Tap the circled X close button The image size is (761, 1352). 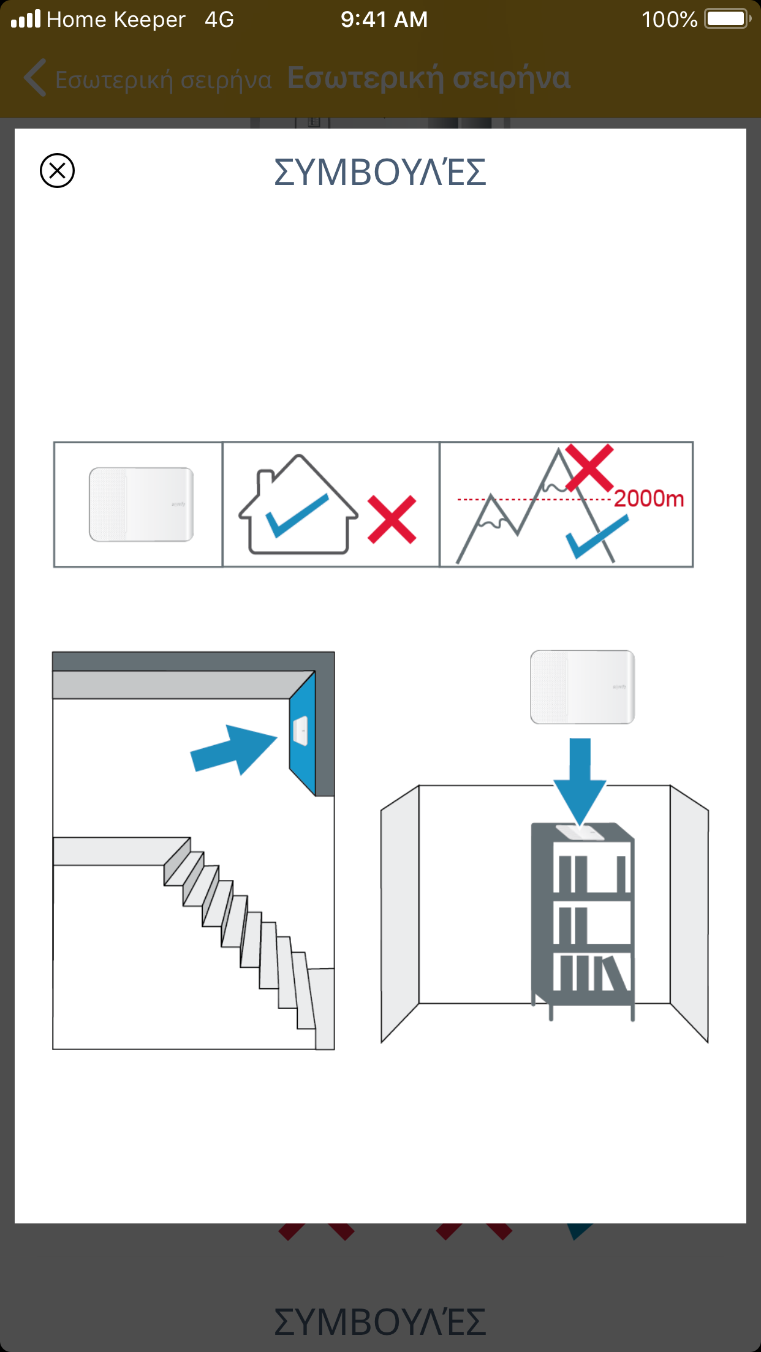click(57, 170)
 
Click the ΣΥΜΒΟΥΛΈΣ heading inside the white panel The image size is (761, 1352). click(380, 171)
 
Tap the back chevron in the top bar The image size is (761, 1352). click(35, 78)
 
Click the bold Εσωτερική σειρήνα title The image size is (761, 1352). click(429, 78)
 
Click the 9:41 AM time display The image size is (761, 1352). click(384, 20)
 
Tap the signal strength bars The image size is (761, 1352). click(26, 18)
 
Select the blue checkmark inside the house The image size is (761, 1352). click(297, 516)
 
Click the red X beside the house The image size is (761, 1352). click(392, 519)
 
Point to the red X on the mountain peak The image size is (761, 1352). click(589, 468)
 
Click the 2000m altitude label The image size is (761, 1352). click(649, 498)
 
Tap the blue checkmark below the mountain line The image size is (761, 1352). click(597, 536)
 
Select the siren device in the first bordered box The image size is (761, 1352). click(142, 505)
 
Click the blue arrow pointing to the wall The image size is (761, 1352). click(234, 749)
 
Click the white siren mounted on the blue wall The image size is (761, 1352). click(300, 730)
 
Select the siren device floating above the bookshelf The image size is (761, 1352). click(583, 687)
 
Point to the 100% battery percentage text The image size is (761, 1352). click(669, 20)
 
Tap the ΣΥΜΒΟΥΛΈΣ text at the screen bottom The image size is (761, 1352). click(380, 1321)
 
